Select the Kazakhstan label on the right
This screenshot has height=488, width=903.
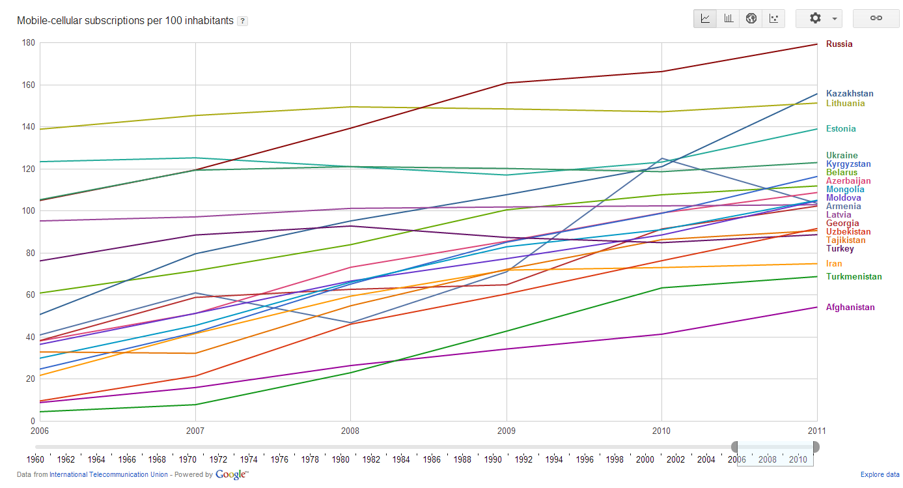point(850,94)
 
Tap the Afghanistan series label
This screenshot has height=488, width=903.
point(850,308)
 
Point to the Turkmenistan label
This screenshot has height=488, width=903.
point(854,277)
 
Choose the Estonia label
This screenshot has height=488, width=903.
point(841,129)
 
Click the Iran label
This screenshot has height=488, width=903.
point(834,264)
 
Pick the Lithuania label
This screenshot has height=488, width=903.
point(846,104)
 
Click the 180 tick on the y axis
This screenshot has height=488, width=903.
point(29,43)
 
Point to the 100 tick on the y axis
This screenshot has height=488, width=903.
point(29,211)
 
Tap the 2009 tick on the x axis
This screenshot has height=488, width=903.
point(507,431)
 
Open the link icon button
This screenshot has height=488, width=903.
point(876,18)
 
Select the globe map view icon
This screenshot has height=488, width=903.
point(751,18)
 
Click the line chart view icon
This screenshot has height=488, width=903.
point(706,18)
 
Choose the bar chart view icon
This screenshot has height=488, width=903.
point(729,18)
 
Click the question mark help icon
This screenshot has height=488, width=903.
point(242,21)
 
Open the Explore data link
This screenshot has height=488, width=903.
point(880,475)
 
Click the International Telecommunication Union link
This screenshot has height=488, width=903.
point(109,475)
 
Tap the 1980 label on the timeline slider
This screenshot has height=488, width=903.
point(340,459)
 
